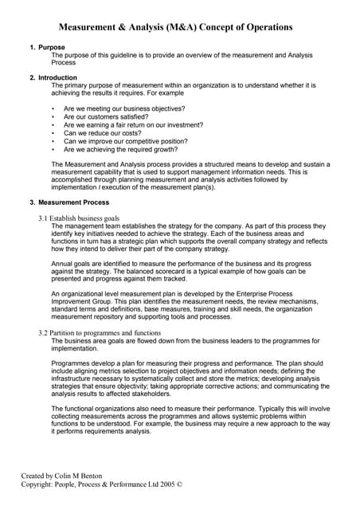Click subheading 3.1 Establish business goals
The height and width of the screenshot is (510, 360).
click(79, 218)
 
